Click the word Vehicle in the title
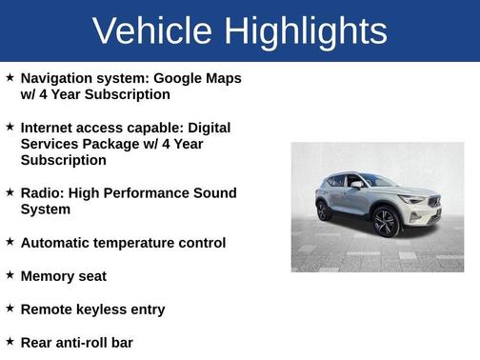pyautogui.click(x=153, y=31)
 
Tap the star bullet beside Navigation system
pyautogui.click(x=10, y=77)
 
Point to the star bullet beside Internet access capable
pyautogui.click(x=10, y=127)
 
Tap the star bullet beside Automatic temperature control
pyautogui.click(x=10, y=242)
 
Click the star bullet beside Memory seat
pyautogui.click(x=10, y=275)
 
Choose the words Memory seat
pyautogui.click(x=63, y=276)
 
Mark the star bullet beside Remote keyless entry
pyautogui.click(x=10, y=309)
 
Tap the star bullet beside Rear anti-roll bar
pyautogui.click(x=10, y=341)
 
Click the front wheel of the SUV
pyautogui.click(x=385, y=222)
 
